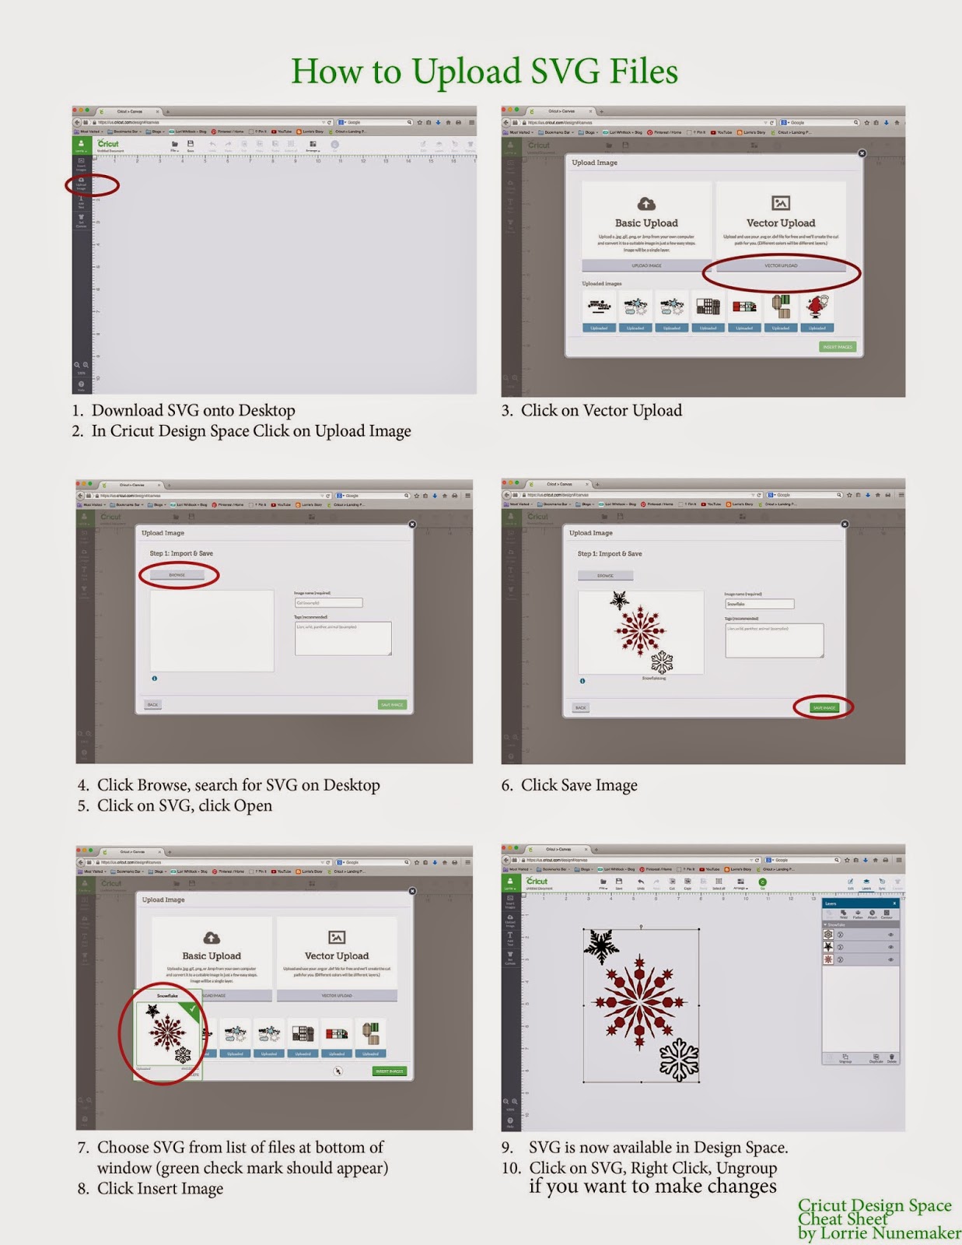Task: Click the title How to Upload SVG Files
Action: (x=484, y=72)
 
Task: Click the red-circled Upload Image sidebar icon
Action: (x=82, y=184)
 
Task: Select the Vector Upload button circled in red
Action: (x=780, y=265)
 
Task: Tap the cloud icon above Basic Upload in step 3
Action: (x=646, y=204)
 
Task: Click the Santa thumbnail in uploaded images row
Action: (x=817, y=307)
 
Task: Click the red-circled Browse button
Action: (x=177, y=575)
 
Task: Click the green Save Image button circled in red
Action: (x=823, y=707)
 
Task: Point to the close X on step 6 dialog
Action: (x=845, y=524)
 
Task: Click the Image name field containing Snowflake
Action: (x=759, y=604)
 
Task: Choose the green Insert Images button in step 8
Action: (x=389, y=1071)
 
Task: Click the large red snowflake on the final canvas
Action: (x=639, y=1001)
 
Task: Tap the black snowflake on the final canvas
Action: (x=600, y=945)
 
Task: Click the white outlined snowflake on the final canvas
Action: (x=679, y=1060)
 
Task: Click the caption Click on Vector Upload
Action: (x=600, y=411)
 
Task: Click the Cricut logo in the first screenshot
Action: (x=108, y=144)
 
